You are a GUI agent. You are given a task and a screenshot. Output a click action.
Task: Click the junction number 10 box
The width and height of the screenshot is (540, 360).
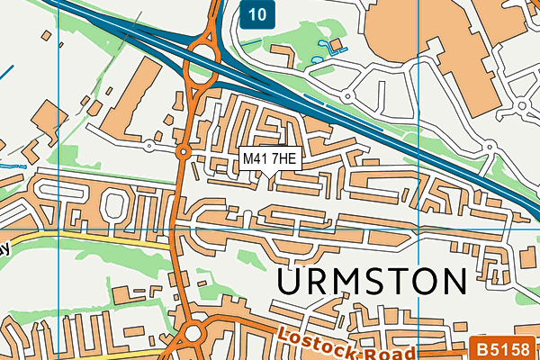259,13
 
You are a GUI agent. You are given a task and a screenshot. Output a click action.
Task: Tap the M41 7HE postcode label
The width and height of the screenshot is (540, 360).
269,158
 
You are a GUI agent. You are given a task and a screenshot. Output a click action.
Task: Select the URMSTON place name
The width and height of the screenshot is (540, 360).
372,282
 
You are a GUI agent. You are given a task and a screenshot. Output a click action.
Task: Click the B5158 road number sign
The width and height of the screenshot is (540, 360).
505,346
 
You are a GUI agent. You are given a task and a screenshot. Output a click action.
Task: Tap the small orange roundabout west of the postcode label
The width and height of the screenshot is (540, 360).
182,153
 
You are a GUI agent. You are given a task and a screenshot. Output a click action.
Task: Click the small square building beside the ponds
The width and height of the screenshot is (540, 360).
336,44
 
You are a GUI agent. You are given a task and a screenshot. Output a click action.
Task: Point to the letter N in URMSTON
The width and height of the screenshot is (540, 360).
453,282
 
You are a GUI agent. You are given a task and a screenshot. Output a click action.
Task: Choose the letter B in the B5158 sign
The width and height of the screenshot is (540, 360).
481,346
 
